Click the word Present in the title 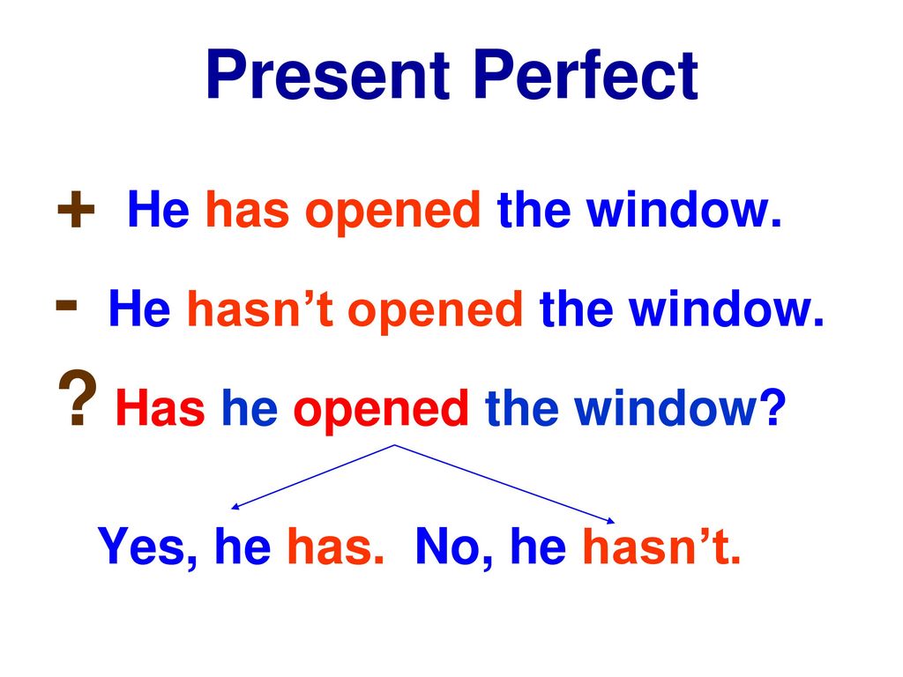coord(328,75)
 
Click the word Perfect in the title coord(586,75)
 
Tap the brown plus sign coord(76,210)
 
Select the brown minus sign coord(66,305)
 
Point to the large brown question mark coord(78,398)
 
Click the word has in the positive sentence coord(247,210)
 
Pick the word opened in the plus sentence coord(392,213)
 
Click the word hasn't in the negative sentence coord(260,309)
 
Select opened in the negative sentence coord(435,312)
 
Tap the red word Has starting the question coord(160,407)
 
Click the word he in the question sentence coord(250,407)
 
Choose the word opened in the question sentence coord(381,412)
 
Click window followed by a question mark coord(680,407)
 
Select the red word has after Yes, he coord(335,546)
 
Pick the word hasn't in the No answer coord(661,546)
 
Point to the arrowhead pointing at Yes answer coord(234,507)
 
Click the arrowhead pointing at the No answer coord(611,521)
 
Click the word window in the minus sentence coord(726,309)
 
